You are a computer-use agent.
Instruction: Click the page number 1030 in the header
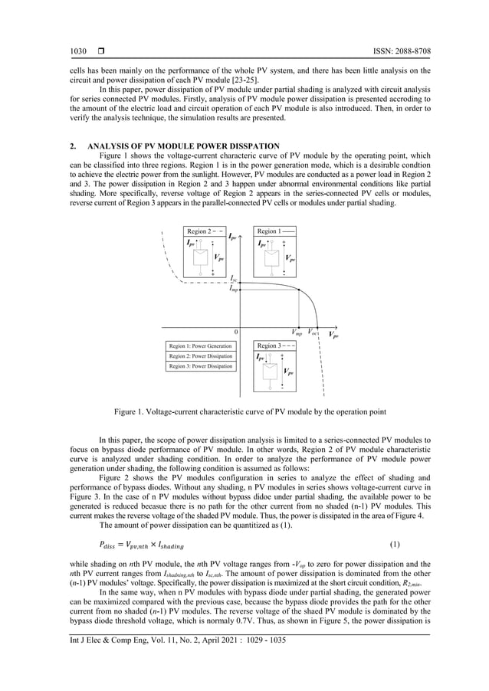[x=78, y=51]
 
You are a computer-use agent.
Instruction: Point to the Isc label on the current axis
[x=234, y=281]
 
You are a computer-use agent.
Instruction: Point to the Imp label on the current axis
[x=234, y=289]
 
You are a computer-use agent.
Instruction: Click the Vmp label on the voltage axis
[x=297, y=332]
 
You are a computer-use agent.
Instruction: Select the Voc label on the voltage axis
[x=314, y=332]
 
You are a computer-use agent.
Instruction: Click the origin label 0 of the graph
[x=235, y=332]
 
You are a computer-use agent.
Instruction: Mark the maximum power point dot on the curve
[x=297, y=290]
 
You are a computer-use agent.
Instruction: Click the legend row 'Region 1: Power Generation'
[x=200, y=346]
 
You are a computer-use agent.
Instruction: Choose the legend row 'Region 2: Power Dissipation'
[x=200, y=356]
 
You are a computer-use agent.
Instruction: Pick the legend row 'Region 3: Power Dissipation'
[x=200, y=366]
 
